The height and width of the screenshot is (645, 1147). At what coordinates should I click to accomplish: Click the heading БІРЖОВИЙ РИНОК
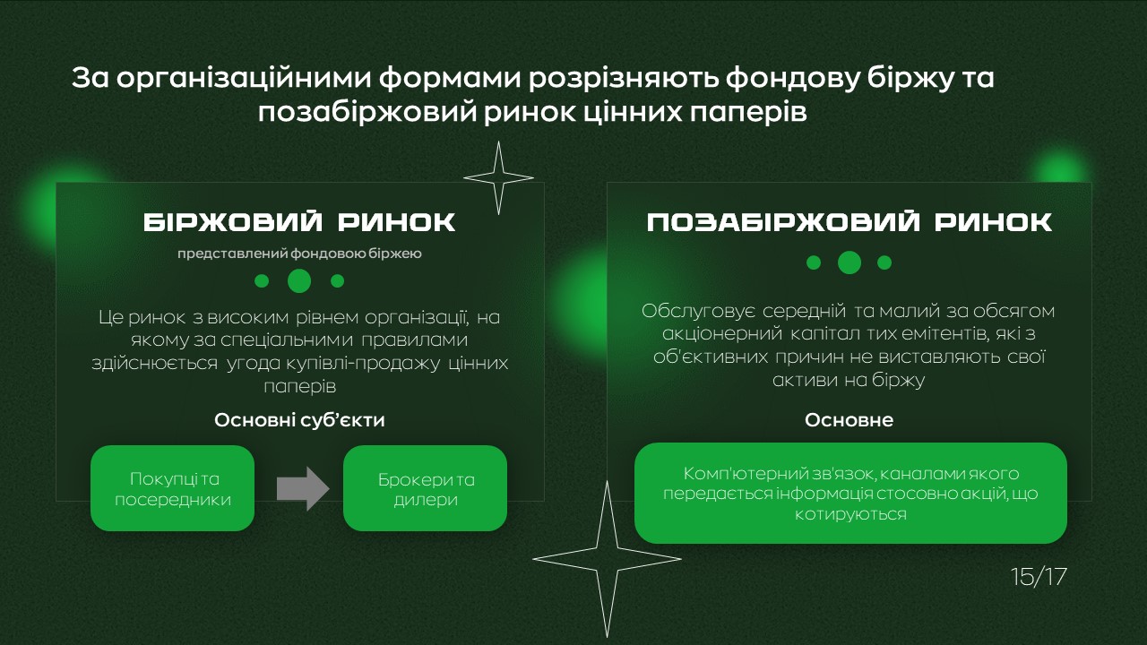tap(299, 222)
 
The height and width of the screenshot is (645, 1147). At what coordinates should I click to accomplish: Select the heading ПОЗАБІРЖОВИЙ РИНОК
tap(849, 222)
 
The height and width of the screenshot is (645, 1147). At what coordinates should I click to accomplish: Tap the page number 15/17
tap(1039, 576)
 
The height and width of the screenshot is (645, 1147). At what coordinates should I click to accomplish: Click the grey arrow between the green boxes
tap(303, 488)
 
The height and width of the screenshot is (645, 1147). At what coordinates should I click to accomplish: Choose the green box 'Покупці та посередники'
tap(173, 488)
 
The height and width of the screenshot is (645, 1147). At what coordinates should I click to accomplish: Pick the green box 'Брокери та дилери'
tap(425, 488)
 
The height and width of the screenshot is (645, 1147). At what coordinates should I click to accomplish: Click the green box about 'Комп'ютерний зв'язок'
tap(850, 493)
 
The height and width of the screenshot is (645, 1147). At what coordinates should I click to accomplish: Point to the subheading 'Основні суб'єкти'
tap(299, 420)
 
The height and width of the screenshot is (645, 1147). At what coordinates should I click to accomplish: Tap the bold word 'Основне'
tap(849, 420)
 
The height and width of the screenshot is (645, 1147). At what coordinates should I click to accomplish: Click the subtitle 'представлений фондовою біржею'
tap(299, 254)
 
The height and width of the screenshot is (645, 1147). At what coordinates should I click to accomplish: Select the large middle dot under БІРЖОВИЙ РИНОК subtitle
tap(299, 281)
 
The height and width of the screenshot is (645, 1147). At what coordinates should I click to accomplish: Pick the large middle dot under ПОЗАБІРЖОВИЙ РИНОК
tap(849, 262)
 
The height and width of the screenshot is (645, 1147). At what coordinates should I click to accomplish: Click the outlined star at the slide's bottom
tap(607, 559)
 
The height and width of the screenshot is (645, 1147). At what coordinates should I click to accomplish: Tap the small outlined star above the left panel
tap(499, 178)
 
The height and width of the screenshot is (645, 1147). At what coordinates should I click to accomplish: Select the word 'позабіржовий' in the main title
tap(367, 113)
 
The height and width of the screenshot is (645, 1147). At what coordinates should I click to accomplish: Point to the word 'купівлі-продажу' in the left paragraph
tap(363, 363)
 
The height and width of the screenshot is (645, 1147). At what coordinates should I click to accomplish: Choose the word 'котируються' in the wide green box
tap(850, 513)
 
